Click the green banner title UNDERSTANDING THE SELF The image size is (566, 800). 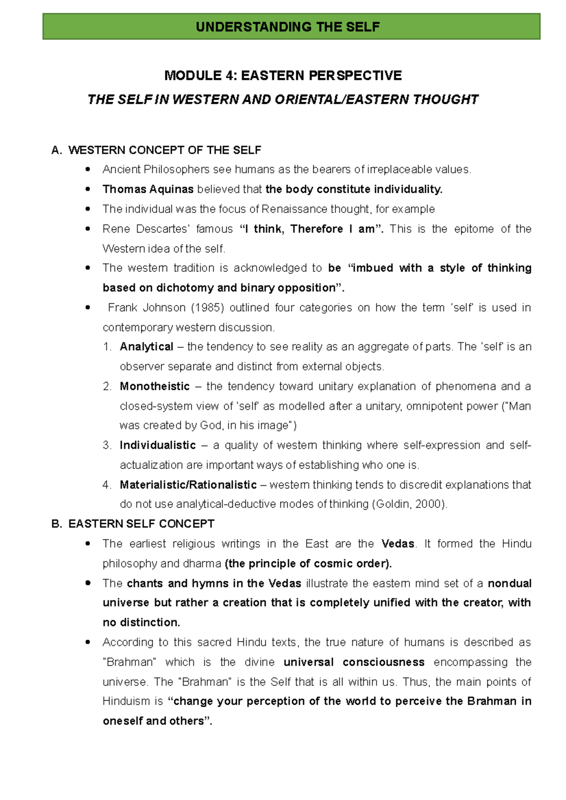(x=288, y=27)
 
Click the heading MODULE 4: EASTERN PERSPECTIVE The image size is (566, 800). (x=283, y=75)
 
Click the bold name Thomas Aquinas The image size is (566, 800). (x=148, y=189)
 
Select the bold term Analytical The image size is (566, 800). (x=147, y=347)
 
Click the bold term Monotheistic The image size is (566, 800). (x=155, y=386)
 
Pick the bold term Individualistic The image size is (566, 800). (x=158, y=445)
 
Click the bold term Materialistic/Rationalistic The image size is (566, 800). (x=188, y=485)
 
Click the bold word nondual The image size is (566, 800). (x=509, y=583)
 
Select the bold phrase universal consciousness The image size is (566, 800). (x=354, y=662)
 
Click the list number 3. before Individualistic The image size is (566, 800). (x=107, y=445)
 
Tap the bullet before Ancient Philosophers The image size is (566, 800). (x=87, y=170)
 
